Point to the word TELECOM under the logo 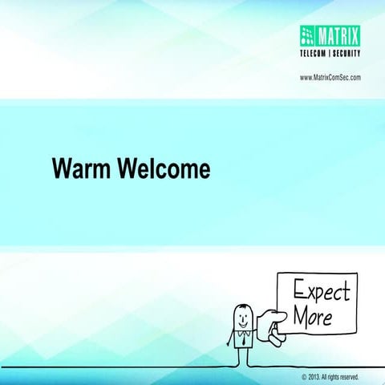[318, 54]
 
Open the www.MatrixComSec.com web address [330, 77]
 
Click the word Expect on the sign [321, 290]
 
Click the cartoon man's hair [241, 306]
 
